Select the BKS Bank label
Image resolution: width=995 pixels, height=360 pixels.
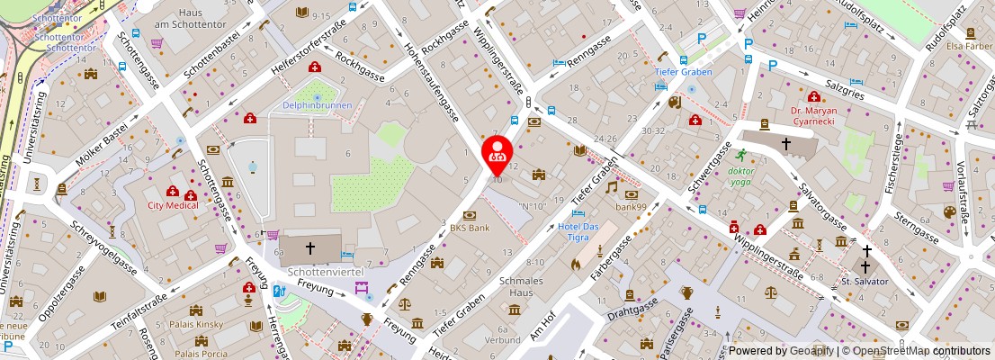pyautogui.click(x=470, y=228)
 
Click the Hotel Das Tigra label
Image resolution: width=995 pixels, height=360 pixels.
pyautogui.click(x=578, y=231)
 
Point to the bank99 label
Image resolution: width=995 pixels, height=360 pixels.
pyautogui.click(x=632, y=207)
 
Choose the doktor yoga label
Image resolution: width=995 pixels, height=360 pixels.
pyautogui.click(x=741, y=176)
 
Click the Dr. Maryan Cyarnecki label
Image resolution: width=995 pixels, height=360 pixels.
pyautogui.click(x=813, y=117)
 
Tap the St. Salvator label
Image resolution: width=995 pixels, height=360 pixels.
pyautogui.click(x=865, y=282)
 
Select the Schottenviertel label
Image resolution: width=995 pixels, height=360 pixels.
pyautogui.click(x=317, y=271)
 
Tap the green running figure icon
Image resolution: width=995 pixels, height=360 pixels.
pyautogui.click(x=741, y=155)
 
